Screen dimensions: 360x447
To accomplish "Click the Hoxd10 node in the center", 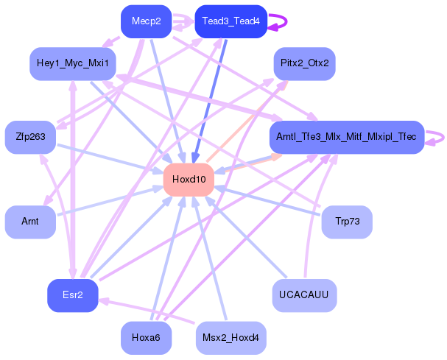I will click(189, 180).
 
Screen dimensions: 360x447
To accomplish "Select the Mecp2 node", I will click(146, 21).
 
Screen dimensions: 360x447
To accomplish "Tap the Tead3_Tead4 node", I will click(230, 21).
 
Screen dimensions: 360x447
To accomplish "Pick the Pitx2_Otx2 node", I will click(304, 63).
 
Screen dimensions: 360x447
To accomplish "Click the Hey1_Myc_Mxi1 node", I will click(72, 63).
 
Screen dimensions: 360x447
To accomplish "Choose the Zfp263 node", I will click(30, 136).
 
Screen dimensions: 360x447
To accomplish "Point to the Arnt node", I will click(30, 222).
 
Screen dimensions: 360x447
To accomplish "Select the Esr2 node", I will click(72, 295).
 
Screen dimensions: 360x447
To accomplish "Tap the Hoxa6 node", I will click(146, 338).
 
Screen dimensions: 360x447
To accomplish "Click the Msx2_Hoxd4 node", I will click(230, 338).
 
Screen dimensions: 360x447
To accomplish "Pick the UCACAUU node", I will click(304, 295).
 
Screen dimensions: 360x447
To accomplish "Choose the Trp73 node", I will click(347, 222).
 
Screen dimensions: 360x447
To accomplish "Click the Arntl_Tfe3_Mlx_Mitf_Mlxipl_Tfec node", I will click(346, 137).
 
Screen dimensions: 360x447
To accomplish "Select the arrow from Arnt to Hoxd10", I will click(110, 200).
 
